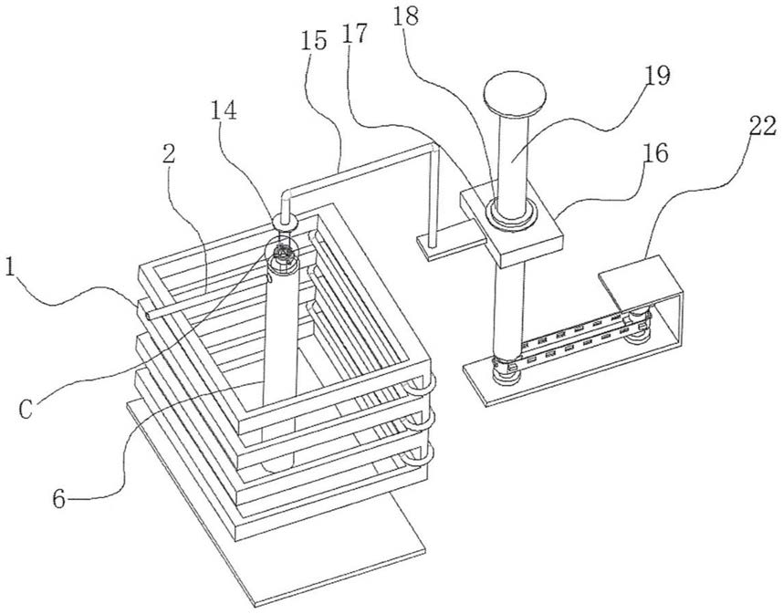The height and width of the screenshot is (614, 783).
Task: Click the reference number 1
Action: coord(10,268)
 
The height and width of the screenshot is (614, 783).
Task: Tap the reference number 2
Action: coord(169,154)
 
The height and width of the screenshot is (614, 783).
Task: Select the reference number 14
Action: coord(223,110)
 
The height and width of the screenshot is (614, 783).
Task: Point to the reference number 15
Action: coord(314,40)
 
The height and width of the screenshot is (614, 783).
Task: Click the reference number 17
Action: coord(355,34)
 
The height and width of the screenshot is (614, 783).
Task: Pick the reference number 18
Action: coord(405,16)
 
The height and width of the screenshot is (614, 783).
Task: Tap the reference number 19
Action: coord(657,76)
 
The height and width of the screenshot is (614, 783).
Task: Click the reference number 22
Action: coord(763,126)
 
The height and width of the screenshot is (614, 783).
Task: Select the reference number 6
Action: coord(59,499)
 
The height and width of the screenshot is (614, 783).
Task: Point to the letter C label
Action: coord(26,410)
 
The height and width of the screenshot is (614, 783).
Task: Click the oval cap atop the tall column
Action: coord(514,94)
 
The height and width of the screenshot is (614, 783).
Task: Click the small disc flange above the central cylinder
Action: coord(285,221)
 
